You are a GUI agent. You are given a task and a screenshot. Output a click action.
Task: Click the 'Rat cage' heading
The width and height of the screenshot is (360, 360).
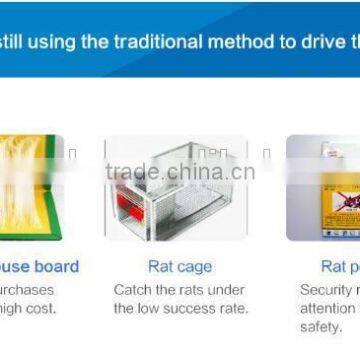(x=179, y=267)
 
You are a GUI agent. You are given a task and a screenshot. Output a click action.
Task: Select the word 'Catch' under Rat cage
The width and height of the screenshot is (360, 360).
(x=131, y=290)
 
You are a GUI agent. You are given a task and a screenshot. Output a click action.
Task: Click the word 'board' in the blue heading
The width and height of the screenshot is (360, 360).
(x=56, y=267)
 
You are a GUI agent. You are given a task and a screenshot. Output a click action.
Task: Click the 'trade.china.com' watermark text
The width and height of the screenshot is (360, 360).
(x=180, y=171)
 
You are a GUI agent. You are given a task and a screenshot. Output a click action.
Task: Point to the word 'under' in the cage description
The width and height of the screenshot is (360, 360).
(x=227, y=290)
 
